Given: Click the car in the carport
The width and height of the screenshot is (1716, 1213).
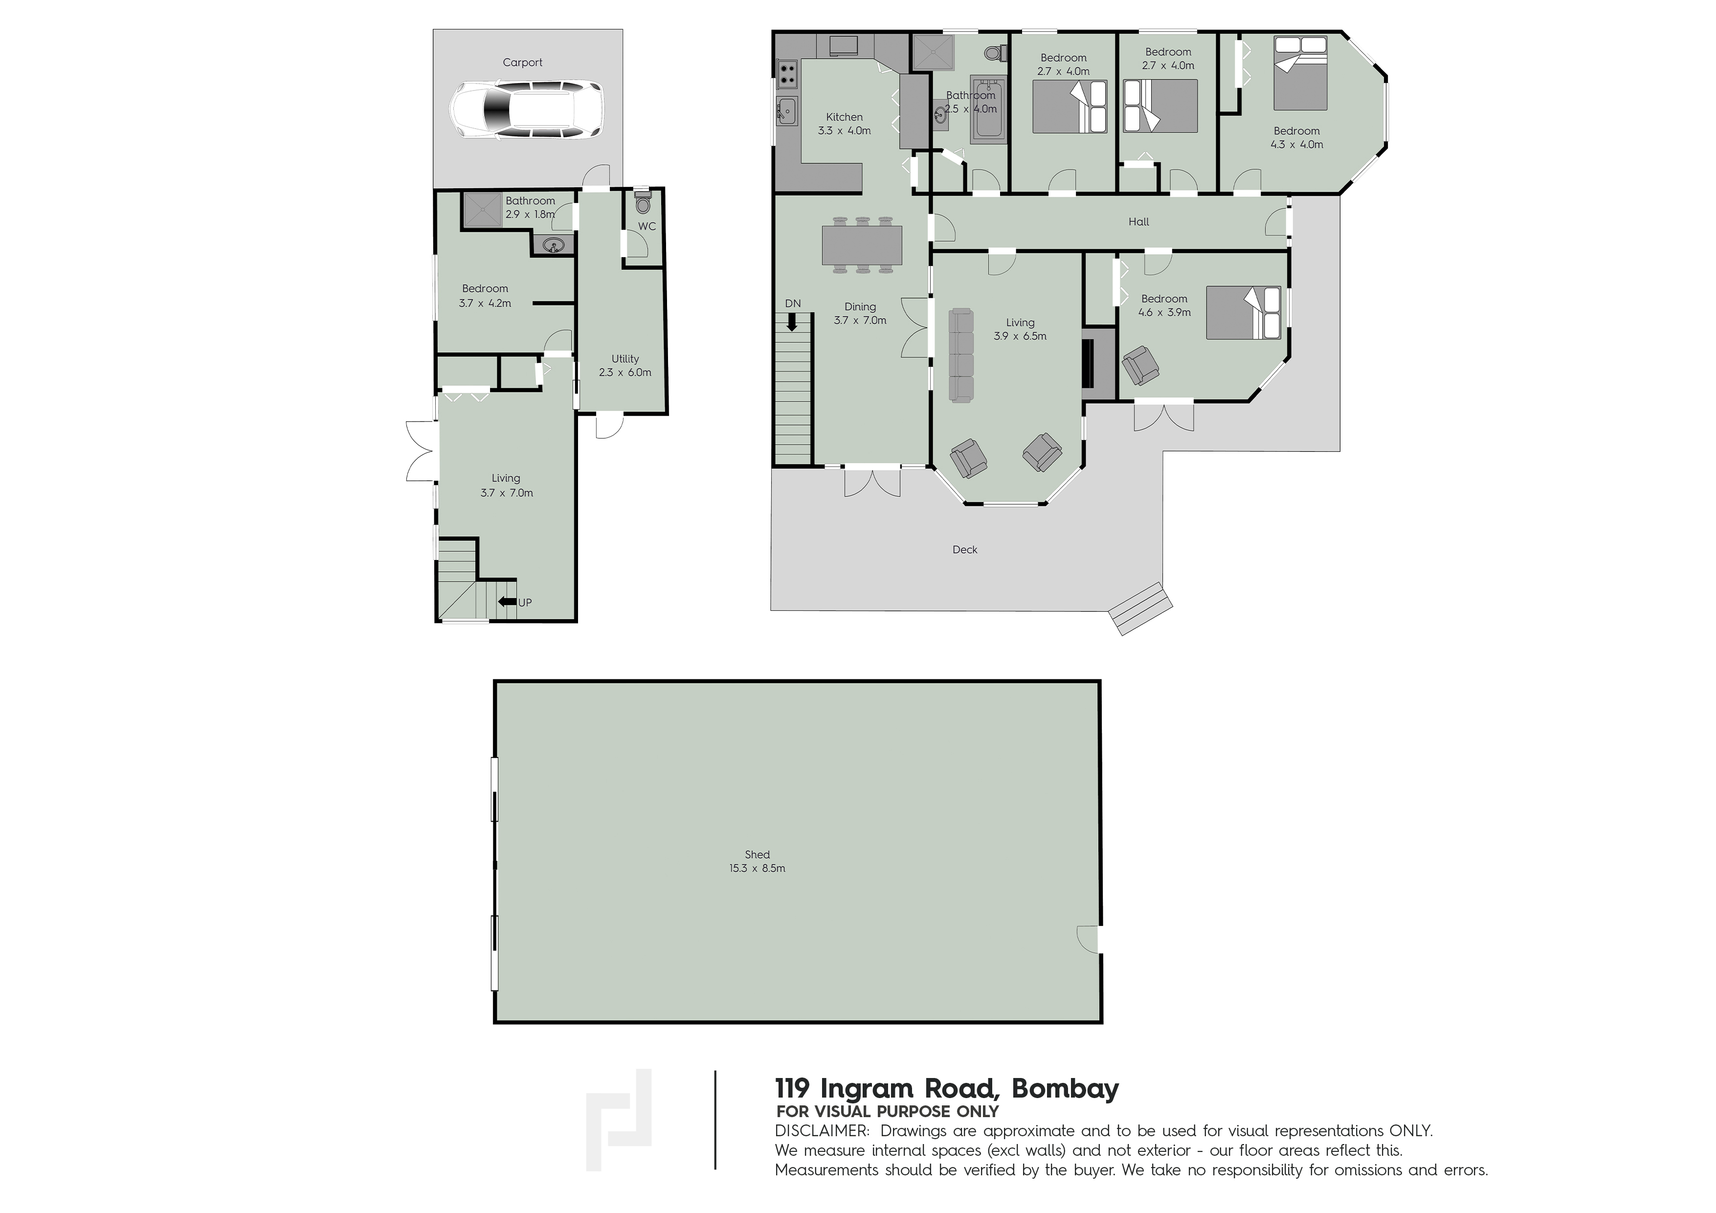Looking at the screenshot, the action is pyautogui.click(x=526, y=110).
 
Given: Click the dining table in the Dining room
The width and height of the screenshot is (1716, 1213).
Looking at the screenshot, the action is pyautogui.click(x=863, y=245).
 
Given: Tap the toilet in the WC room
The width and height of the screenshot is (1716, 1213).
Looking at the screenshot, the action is pyautogui.click(x=643, y=202).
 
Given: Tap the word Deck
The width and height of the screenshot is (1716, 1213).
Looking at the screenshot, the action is pyautogui.click(x=965, y=549).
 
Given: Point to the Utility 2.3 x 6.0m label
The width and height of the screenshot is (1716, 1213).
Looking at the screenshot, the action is pyautogui.click(x=625, y=365).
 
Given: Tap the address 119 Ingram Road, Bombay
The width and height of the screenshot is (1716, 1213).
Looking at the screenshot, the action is pyautogui.click(x=947, y=1088).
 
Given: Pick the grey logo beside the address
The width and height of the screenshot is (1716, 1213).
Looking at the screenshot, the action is pyautogui.click(x=619, y=1120).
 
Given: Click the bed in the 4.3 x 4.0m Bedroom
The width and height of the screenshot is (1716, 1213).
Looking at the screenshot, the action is pyautogui.click(x=1300, y=73).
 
